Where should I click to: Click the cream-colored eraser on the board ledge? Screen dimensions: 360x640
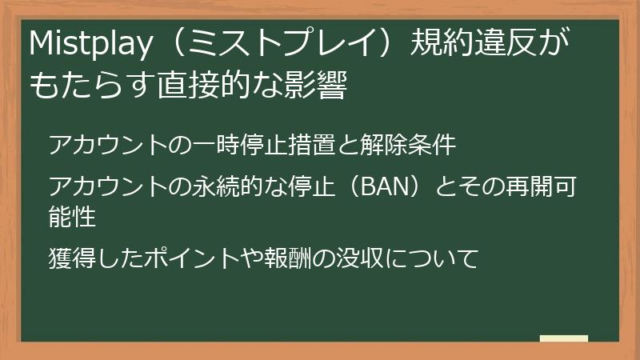(564, 338)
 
